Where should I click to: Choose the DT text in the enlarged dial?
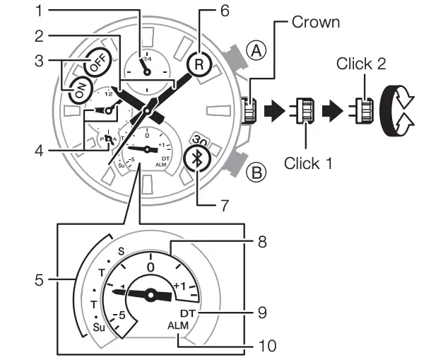(187, 313)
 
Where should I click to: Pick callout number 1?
(40, 11)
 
